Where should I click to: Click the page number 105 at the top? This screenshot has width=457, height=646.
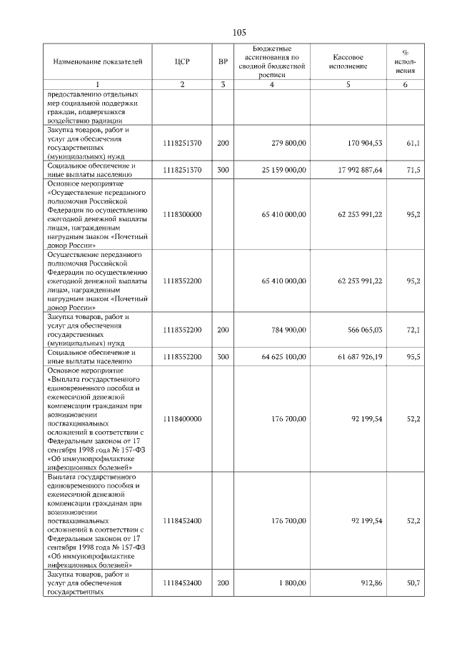(239, 32)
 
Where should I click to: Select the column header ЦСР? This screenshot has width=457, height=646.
(182, 61)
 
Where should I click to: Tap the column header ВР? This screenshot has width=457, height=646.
(223, 61)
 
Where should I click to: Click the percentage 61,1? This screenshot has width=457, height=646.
(413, 143)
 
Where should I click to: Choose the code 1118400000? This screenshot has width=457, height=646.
(182, 419)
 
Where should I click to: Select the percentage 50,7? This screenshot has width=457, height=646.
(413, 583)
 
